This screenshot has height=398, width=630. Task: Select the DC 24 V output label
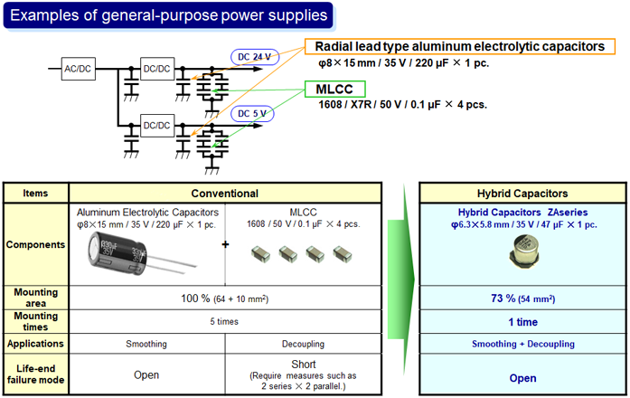255,56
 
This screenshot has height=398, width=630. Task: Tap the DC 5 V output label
254,113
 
